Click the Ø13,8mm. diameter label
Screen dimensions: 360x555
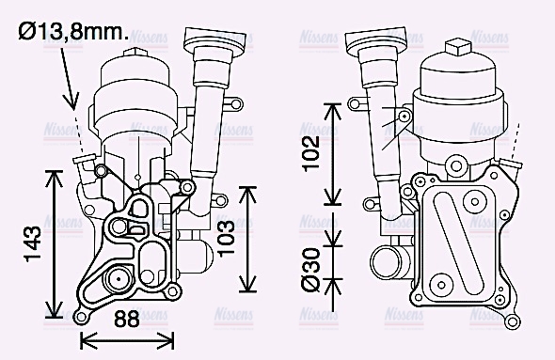73,33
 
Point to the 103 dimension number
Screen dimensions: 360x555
225,239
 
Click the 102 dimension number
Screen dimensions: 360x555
311,153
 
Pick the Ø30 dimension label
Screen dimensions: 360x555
311,270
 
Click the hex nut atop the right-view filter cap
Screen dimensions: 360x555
456,47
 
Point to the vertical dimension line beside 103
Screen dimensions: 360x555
247,239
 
